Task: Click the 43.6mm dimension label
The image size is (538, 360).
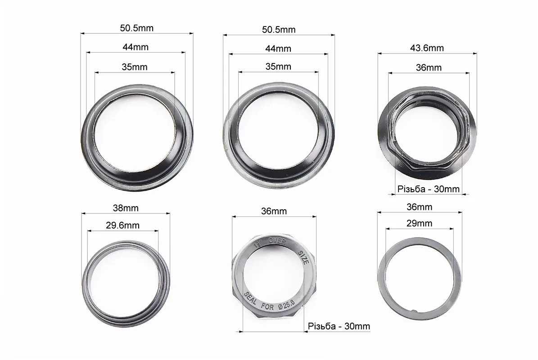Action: (x=427, y=48)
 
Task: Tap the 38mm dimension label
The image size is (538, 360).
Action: (x=126, y=208)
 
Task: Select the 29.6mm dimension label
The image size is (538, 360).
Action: (x=122, y=225)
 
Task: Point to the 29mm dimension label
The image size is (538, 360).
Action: (x=419, y=223)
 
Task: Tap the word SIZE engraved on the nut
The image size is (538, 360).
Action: (x=303, y=257)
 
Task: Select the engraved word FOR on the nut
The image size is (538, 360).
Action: (x=267, y=306)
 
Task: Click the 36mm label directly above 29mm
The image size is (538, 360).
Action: (x=419, y=207)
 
